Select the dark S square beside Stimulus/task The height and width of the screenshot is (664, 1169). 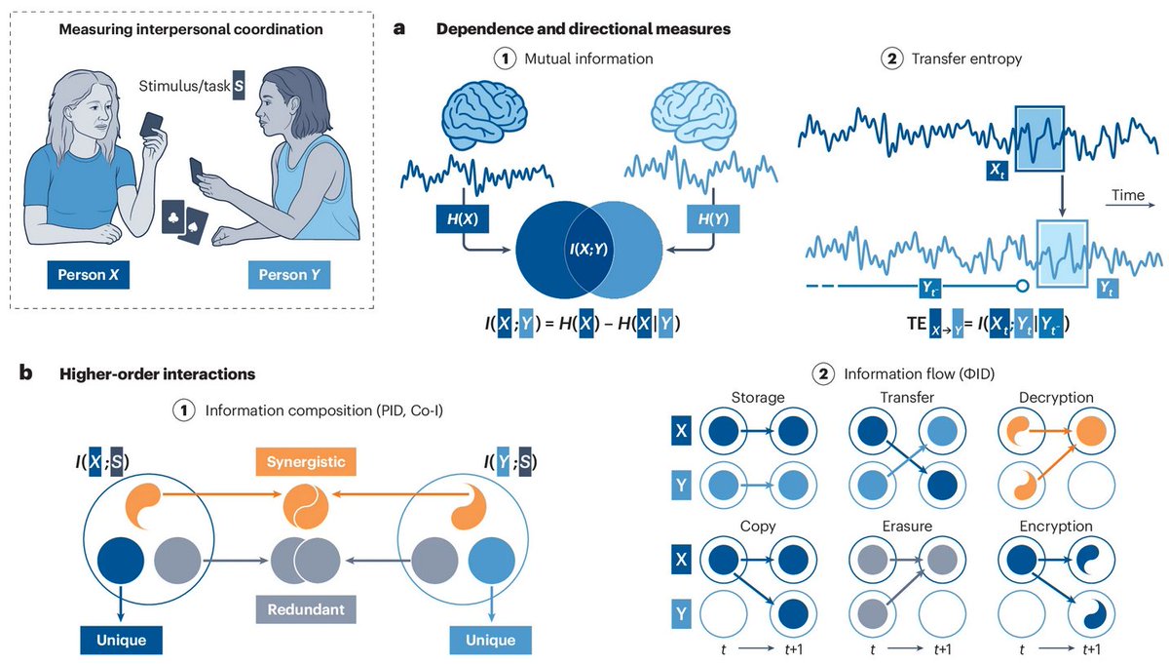pos(240,87)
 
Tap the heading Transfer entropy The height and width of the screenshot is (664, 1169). pos(967,59)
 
